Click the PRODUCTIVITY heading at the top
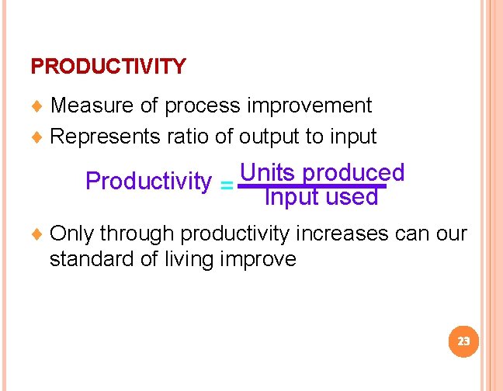(x=108, y=67)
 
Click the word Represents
(x=105, y=137)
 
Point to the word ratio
(x=189, y=137)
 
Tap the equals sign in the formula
(x=226, y=186)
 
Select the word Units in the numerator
(x=267, y=171)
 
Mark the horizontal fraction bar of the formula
(x=311, y=186)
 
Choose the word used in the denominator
(x=352, y=198)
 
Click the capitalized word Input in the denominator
(x=292, y=198)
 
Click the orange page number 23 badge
(x=464, y=341)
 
